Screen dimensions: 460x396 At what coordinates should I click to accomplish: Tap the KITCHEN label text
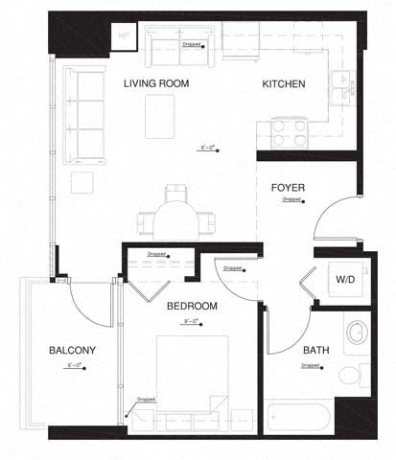point(284,84)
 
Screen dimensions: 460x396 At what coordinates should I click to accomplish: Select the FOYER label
point(289,187)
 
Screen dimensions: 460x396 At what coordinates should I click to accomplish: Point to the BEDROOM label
point(192,306)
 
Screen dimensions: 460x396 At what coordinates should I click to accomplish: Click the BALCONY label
point(72,350)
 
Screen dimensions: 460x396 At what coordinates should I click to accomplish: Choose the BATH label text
point(316,350)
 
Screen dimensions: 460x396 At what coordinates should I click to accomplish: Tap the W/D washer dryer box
point(344,280)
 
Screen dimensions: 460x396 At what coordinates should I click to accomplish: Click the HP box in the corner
point(124,36)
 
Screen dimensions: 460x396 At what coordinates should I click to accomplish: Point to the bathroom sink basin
point(356,333)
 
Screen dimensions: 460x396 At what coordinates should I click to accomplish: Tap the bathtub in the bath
point(299,417)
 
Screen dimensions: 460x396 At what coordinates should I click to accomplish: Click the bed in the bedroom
point(192,383)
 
